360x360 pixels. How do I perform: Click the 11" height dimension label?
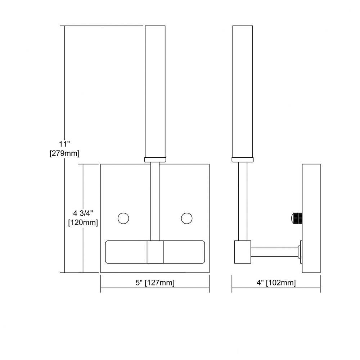(x=64, y=144)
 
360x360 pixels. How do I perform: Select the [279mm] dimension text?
(x=64, y=153)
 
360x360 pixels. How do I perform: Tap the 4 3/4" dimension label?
(x=83, y=213)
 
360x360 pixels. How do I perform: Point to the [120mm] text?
(x=83, y=222)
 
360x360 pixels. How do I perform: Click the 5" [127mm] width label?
(x=155, y=282)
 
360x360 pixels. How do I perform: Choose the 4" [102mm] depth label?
(x=276, y=282)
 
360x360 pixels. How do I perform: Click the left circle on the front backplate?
(x=123, y=218)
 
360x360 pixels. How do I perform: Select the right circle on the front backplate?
(x=186, y=218)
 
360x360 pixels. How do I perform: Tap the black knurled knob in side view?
(x=297, y=218)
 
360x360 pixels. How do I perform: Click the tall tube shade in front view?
(x=155, y=91)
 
